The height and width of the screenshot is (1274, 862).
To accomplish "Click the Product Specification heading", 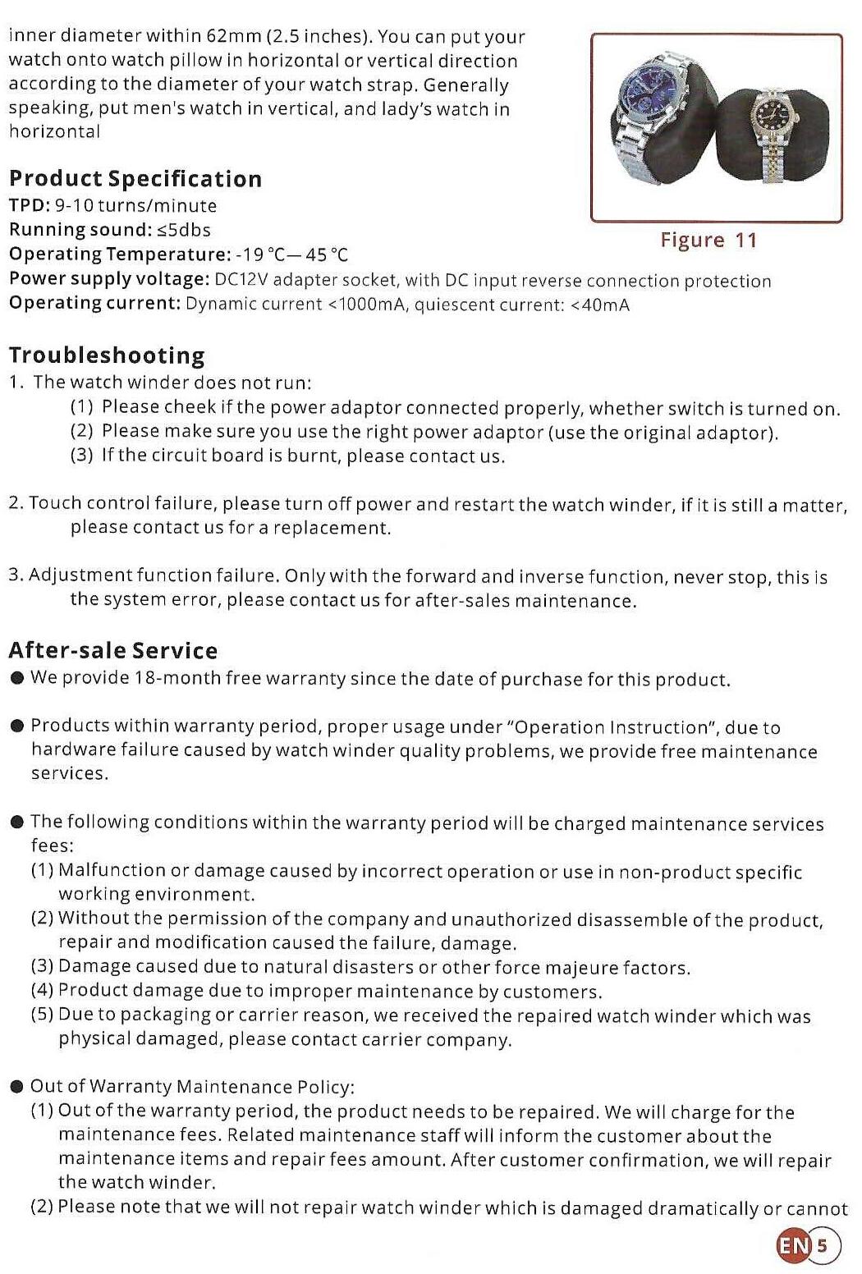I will [x=135, y=179].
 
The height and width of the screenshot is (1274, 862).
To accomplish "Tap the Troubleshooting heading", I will [x=107, y=355].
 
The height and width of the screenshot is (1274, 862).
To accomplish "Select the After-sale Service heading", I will [x=113, y=651].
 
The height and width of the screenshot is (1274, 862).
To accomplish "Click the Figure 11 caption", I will [x=708, y=241].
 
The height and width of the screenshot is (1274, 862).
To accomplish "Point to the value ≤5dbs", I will [x=184, y=230].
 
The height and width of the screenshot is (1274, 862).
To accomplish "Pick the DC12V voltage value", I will [x=242, y=280].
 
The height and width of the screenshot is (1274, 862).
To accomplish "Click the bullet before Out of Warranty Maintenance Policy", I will [x=16, y=1088].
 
